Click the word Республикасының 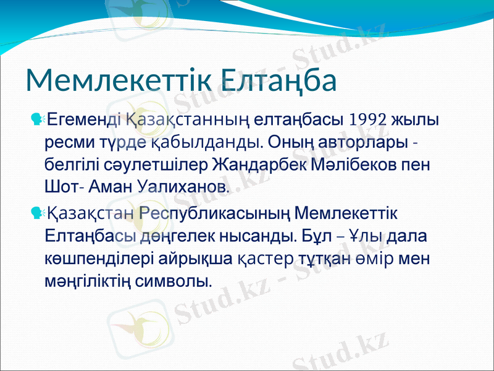coord(216,214)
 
